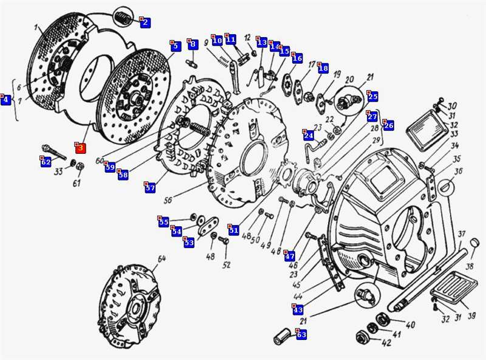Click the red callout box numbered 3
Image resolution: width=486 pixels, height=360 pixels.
81,147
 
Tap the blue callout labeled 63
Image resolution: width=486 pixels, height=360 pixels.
301,334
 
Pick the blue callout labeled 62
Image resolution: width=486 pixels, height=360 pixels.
46,162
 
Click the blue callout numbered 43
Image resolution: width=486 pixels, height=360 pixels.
298,310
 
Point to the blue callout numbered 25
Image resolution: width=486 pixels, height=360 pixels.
372,96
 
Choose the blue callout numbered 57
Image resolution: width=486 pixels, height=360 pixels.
150,188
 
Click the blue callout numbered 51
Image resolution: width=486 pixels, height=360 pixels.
233,230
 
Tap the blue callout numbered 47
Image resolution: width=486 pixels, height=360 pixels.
290,256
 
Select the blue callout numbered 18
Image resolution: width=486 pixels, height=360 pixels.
323,69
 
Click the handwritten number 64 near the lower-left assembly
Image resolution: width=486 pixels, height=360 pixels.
162,259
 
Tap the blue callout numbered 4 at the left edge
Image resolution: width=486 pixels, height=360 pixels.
6,100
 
